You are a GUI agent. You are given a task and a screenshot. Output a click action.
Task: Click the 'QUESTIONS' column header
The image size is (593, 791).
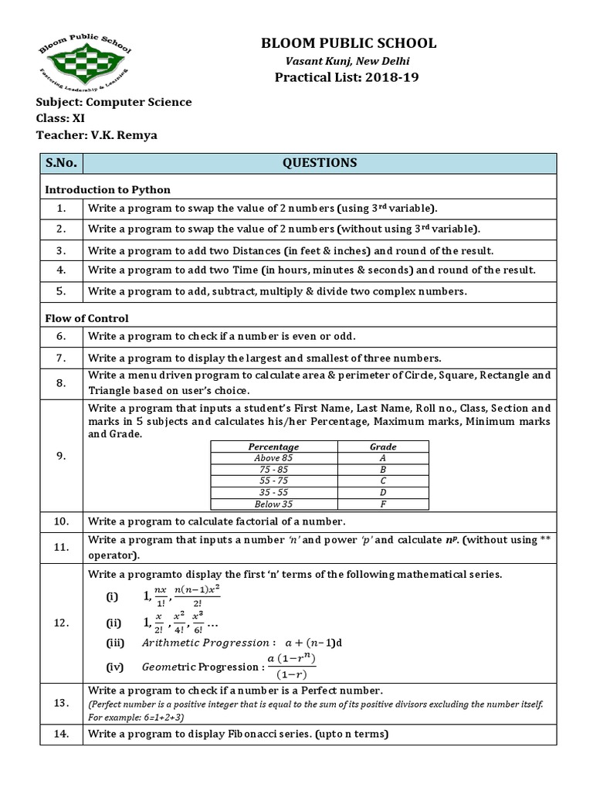click(320, 163)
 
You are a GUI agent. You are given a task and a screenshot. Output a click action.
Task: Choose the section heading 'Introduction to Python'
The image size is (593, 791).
click(107, 189)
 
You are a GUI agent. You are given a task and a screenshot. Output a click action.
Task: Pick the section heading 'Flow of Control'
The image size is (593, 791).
click(86, 318)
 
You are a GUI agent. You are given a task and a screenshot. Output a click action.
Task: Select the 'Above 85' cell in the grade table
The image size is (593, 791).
click(273, 458)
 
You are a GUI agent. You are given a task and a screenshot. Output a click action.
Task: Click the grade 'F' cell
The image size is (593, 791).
click(383, 504)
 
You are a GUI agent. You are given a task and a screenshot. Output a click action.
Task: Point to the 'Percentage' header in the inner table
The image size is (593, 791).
click(273, 446)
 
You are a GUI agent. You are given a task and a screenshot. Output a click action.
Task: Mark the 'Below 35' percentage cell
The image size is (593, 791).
click(273, 504)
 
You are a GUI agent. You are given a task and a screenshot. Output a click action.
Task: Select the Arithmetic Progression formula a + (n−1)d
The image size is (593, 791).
click(314, 643)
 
